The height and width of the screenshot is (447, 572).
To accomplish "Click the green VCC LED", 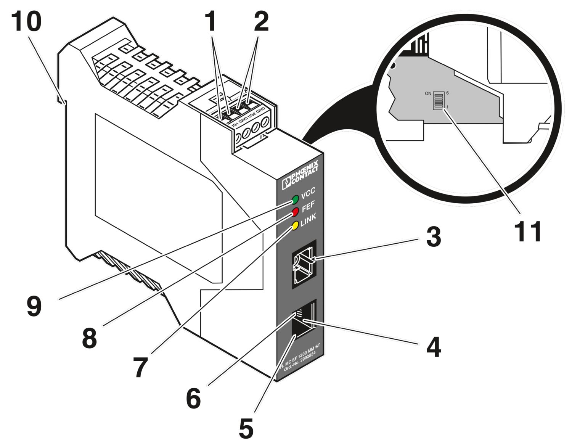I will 295,199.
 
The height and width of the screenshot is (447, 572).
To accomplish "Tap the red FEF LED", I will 295,212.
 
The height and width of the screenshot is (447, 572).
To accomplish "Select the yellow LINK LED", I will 294,225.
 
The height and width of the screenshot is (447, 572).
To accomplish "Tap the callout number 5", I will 246,428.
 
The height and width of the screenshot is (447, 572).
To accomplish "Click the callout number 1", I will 210,21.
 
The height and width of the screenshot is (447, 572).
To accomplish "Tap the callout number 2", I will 261,21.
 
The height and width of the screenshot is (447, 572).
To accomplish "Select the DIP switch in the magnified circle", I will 439,101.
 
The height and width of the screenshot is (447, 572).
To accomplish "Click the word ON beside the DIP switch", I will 428,93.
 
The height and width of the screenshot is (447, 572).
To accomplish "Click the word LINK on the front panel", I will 308,220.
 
